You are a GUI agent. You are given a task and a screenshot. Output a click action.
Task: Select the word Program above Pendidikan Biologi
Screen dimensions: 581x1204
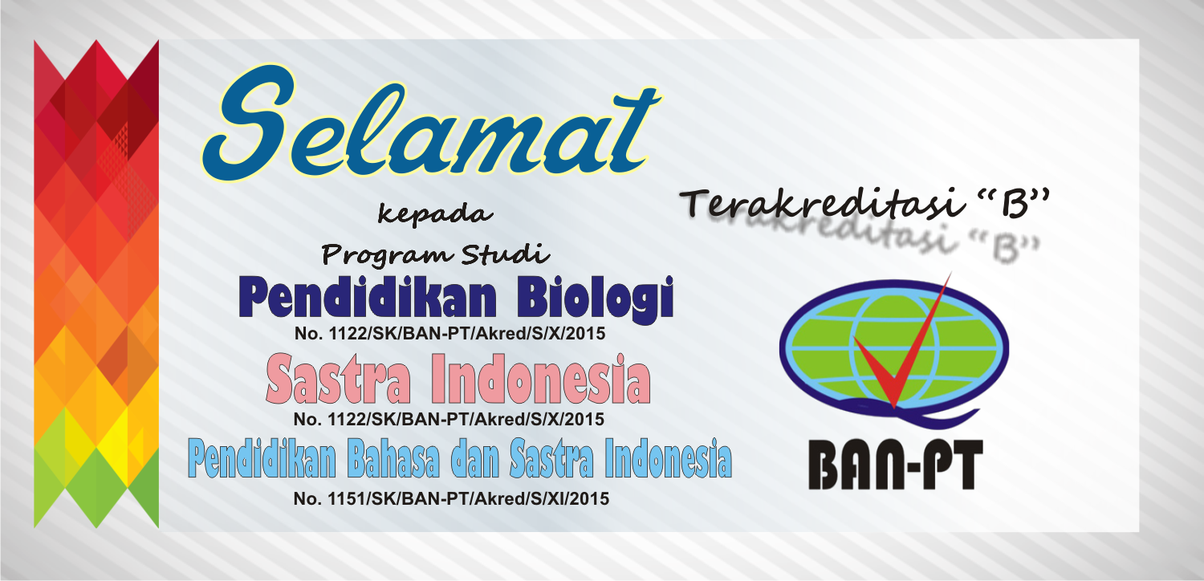(376, 255)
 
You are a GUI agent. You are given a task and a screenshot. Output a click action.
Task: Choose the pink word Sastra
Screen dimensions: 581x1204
(338, 380)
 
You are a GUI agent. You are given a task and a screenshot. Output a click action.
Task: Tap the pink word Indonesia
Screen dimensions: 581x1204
(541, 380)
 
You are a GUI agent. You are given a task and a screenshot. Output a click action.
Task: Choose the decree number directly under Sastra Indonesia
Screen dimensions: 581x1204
(449, 419)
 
